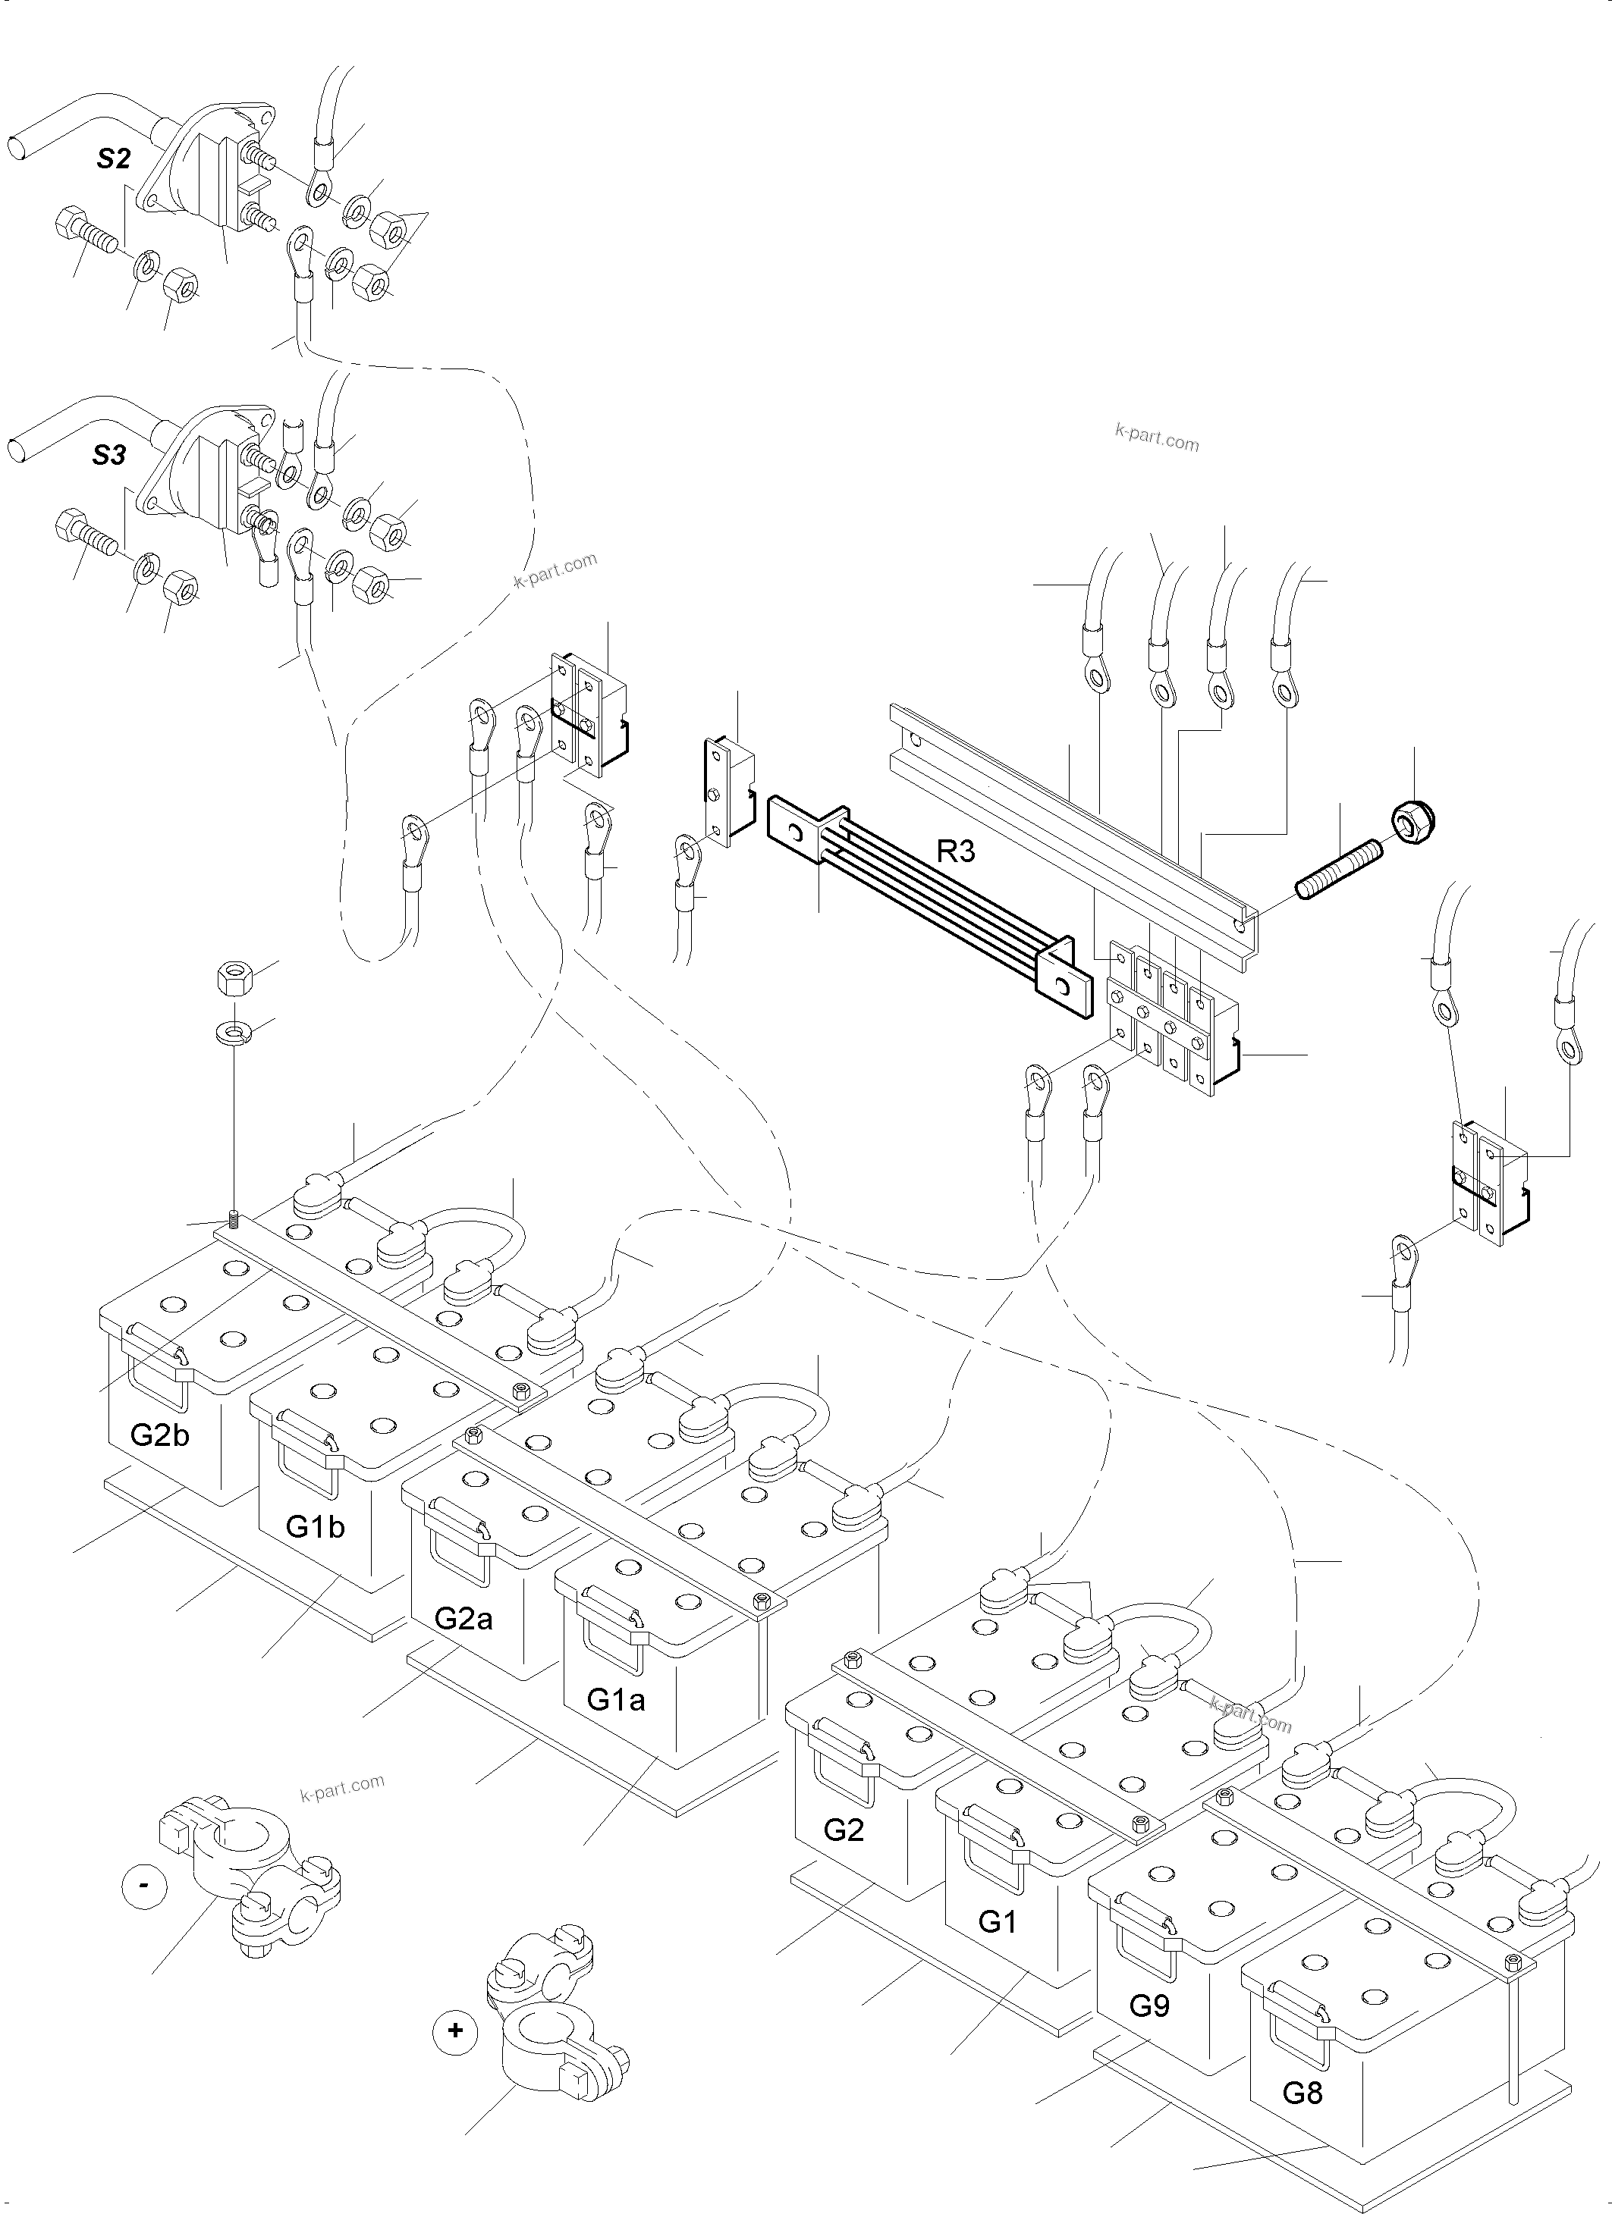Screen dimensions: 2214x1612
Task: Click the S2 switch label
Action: click(x=113, y=159)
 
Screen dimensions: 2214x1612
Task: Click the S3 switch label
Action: click(x=109, y=455)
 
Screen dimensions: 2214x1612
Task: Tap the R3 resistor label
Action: click(x=955, y=851)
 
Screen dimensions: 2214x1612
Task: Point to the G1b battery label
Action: click(x=316, y=1526)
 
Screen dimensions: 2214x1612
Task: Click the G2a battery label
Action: click(x=463, y=1617)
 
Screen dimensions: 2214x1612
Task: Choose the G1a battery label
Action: click(x=615, y=1699)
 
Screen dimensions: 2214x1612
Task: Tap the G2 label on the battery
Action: click(x=844, y=1830)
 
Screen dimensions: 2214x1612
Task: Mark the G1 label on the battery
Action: click(x=997, y=1921)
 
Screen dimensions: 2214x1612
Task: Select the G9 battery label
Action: click(x=1149, y=2005)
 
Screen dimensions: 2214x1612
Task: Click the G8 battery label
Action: click(x=1302, y=2092)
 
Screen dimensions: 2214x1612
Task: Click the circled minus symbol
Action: click(x=144, y=1885)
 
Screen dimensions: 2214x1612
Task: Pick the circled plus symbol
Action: click(x=455, y=2031)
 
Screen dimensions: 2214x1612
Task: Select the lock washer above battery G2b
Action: click(x=234, y=1031)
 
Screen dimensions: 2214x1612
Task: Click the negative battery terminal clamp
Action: click(x=249, y=1874)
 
